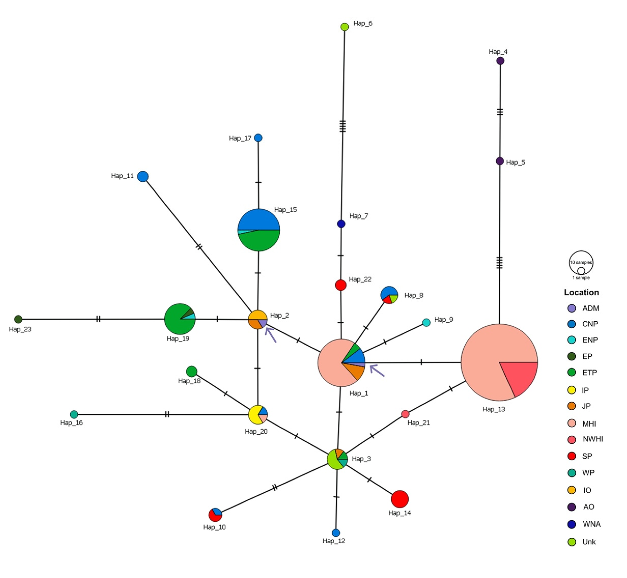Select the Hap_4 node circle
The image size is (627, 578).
[x=500, y=61]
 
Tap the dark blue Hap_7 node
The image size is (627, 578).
[x=341, y=224]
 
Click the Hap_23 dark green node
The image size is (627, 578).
[x=18, y=319]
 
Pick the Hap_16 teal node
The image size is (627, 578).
[x=74, y=414]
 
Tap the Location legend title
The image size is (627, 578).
[x=581, y=292]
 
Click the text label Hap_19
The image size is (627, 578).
[x=178, y=339]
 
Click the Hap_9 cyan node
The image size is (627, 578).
[x=426, y=322]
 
